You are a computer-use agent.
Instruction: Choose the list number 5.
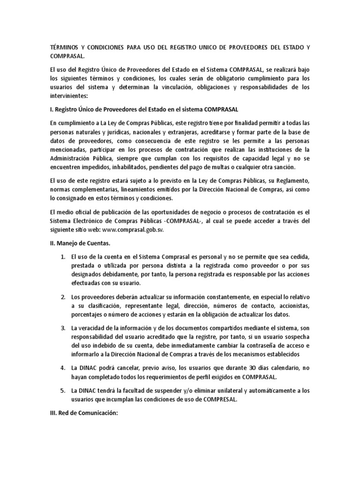[x=63, y=390]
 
